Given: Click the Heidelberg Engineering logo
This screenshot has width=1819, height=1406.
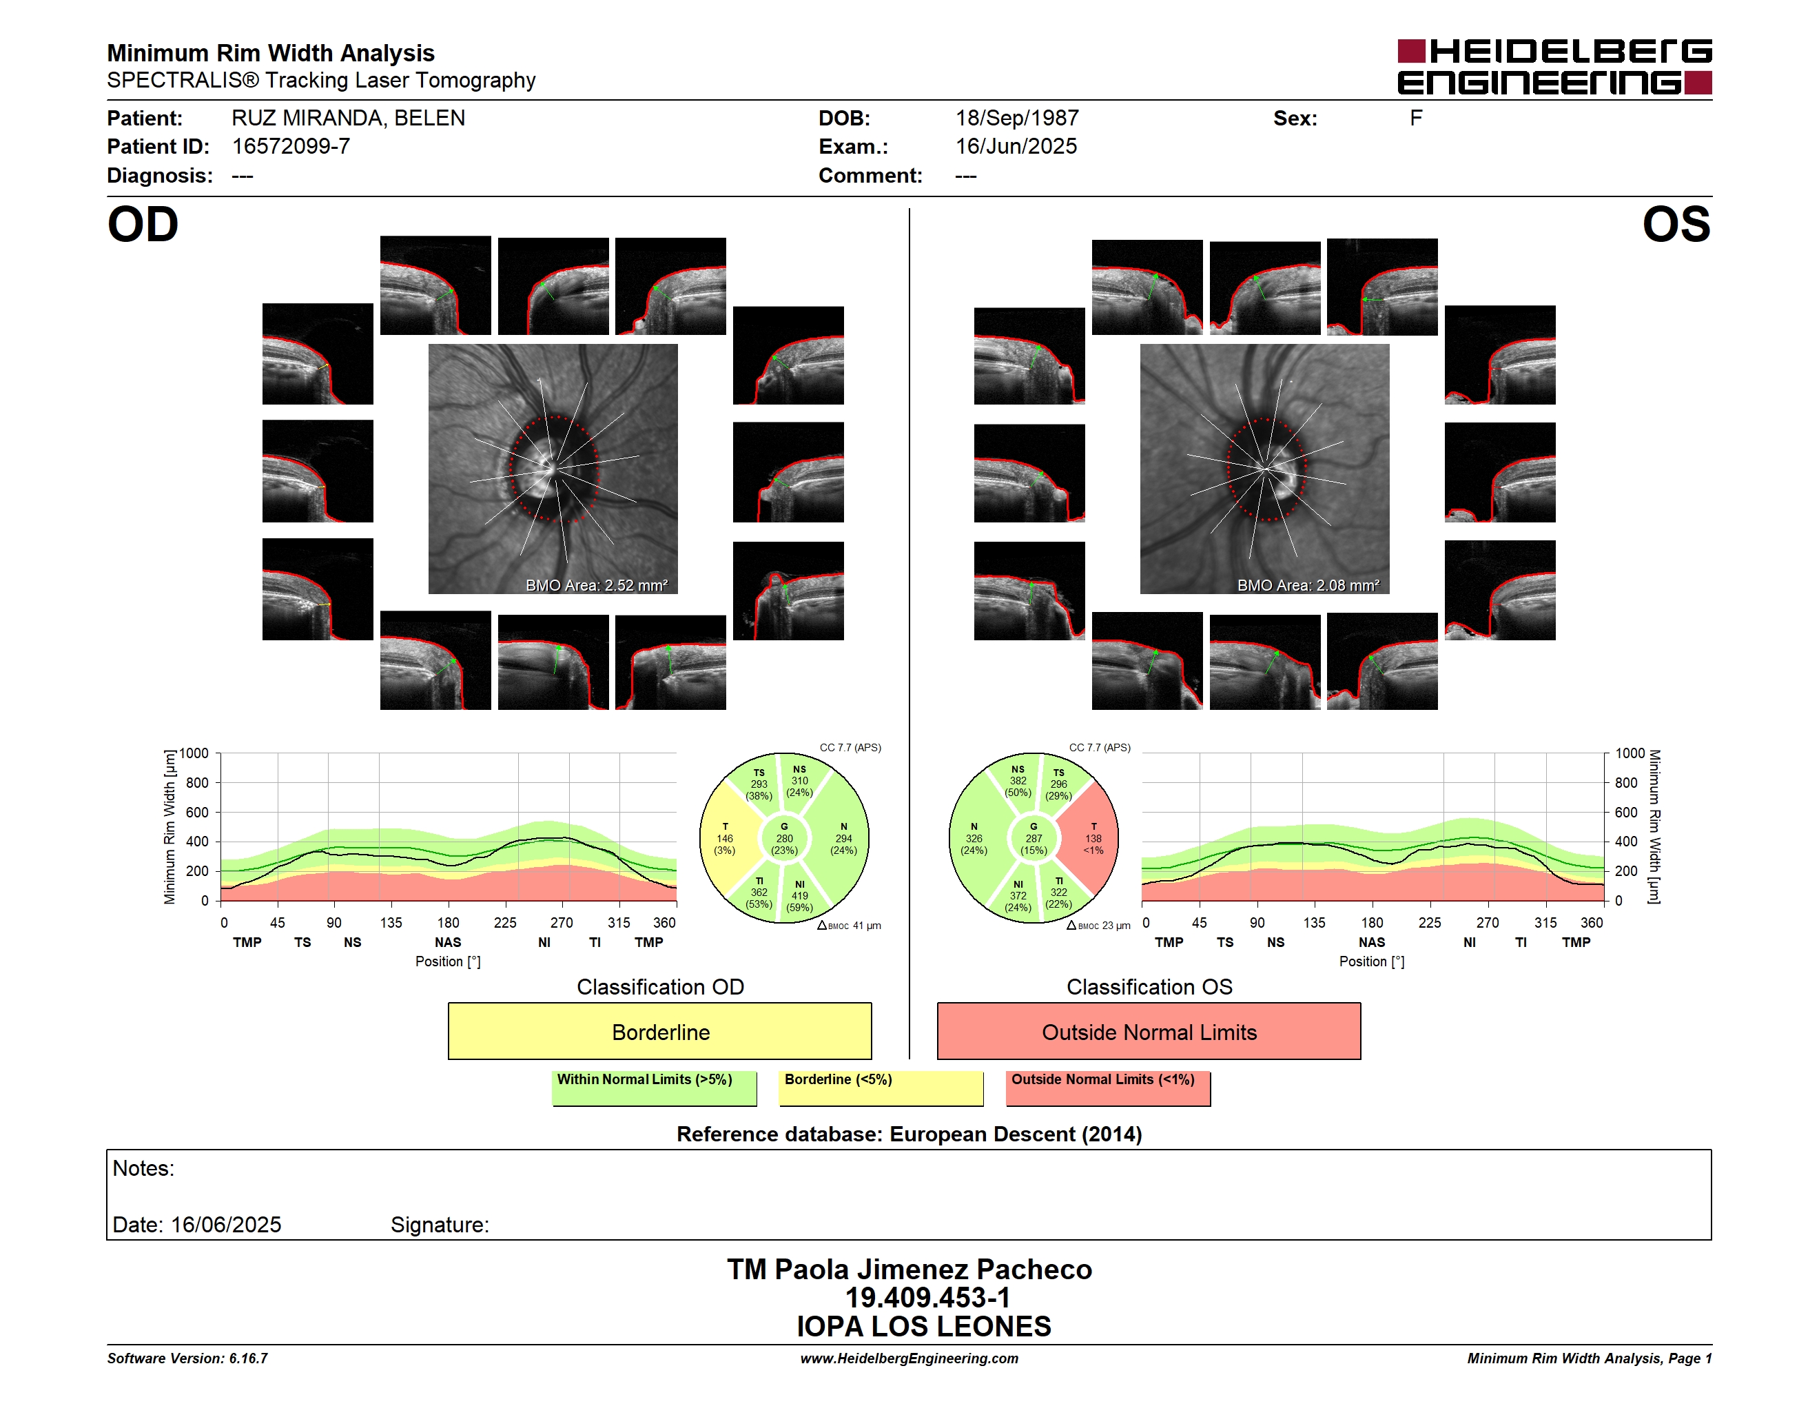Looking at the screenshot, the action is pos(1554,67).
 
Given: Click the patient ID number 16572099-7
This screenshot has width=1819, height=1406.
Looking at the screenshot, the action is pos(291,147).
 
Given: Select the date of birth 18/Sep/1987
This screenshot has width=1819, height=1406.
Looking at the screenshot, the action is pos(1017,119).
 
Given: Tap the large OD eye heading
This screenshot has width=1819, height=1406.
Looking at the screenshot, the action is pos(143,224).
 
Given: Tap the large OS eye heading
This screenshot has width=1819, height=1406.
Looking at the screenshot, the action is pos(1676,224).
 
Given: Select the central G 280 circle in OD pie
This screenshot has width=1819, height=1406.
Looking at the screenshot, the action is pos(783,839).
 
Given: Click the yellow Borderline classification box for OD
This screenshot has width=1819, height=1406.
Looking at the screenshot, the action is pos(659,1031).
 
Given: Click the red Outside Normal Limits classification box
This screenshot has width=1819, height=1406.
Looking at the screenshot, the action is pos(1149,1031).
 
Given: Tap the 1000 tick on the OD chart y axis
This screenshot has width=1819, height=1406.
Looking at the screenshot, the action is pos(194,753).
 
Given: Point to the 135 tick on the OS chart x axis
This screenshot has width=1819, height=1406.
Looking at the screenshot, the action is pos(1314,922).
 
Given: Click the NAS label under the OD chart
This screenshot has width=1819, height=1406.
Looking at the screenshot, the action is pos(448,942).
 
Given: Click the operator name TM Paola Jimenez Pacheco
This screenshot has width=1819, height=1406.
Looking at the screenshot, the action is pos(909,1269).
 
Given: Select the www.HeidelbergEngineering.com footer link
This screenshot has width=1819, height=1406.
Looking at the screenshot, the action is pos(909,1358).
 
